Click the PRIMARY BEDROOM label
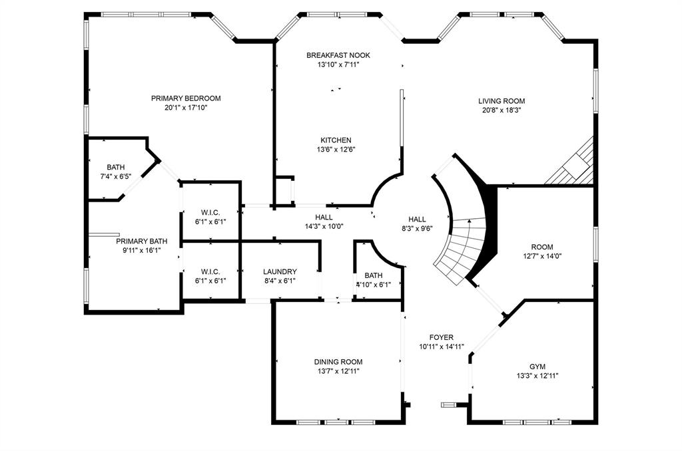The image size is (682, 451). (x=185, y=98)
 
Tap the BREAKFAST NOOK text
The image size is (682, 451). (x=338, y=55)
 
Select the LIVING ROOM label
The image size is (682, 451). (x=501, y=101)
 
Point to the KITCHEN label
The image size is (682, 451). (x=336, y=140)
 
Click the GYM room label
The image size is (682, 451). (x=537, y=367)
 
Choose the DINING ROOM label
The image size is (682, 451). (x=338, y=362)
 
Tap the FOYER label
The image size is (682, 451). (x=441, y=338)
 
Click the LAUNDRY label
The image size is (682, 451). (x=280, y=271)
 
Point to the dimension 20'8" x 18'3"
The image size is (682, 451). (x=501, y=110)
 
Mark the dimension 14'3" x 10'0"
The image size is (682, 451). (x=324, y=226)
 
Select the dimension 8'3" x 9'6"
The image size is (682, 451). (x=417, y=228)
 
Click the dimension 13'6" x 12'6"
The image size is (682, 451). (x=336, y=150)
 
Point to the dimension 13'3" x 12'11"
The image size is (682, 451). (x=537, y=376)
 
